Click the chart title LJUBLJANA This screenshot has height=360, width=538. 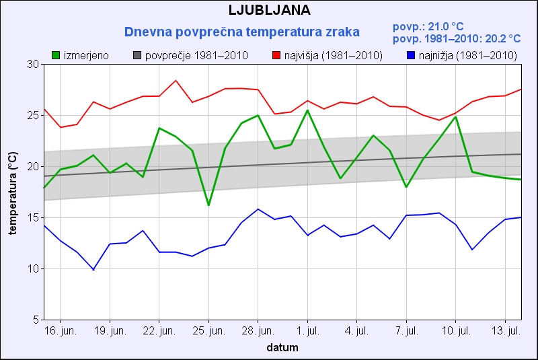[269, 11]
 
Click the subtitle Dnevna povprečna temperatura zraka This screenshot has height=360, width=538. [242, 32]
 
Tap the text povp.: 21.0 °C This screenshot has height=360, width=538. [428, 27]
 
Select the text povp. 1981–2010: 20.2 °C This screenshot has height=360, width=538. [456, 39]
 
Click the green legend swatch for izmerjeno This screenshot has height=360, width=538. [56, 55]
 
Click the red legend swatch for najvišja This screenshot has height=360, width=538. [276, 55]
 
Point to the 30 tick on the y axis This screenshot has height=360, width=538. [33, 64]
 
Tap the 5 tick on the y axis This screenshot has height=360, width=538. [36, 320]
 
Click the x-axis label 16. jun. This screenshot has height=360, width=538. [61, 332]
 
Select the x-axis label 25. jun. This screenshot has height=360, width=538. [208, 332]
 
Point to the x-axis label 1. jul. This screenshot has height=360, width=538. [307, 332]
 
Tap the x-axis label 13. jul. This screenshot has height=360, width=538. [505, 332]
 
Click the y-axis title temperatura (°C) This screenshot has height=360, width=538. [13, 192]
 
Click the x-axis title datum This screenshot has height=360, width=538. [282, 348]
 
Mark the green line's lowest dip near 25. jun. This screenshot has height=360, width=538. [208, 205]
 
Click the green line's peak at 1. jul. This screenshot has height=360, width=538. [307, 110]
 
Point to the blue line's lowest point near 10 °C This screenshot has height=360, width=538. [93, 270]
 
